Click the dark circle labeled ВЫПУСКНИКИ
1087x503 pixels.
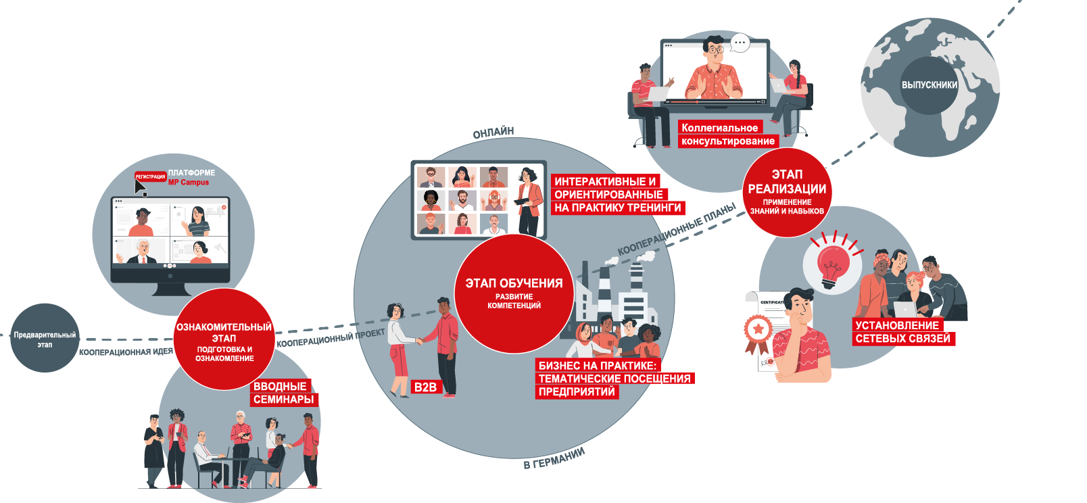pyautogui.click(x=929, y=85)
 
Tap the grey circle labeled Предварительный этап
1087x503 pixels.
pyautogui.click(x=45, y=339)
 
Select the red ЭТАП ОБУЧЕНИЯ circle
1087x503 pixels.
pyautogui.click(x=514, y=293)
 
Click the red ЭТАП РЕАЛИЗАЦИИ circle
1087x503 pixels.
pyautogui.click(x=787, y=192)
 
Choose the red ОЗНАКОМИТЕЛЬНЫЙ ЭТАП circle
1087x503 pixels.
pyautogui.click(x=224, y=340)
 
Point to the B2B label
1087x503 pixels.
pyautogui.click(x=425, y=387)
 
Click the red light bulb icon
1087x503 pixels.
pyautogui.click(x=833, y=263)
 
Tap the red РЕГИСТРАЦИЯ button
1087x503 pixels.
pyautogui.click(x=150, y=176)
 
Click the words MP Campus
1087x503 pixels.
pyautogui.click(x=189, y=183)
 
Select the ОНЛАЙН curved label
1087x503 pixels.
pyautogui.click(x=493, y=133)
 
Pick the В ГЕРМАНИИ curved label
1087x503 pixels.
pyautogui.click(x=554, y=458)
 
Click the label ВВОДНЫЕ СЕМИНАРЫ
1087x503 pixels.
pyautogui.click(x=283, y=393)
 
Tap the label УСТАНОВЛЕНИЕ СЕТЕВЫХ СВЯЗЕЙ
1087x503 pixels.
pyautogui.click(x=902, y=332)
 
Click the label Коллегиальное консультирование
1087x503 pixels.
pyautogui.click(x=727, y=135)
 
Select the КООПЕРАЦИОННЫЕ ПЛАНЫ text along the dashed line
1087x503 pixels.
pyautogui.click(x=677, y=230)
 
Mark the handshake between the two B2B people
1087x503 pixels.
pyautogui.click(x=420, y=341)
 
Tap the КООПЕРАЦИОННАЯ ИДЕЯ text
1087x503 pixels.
pyautogui.click(x=126, y=352)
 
